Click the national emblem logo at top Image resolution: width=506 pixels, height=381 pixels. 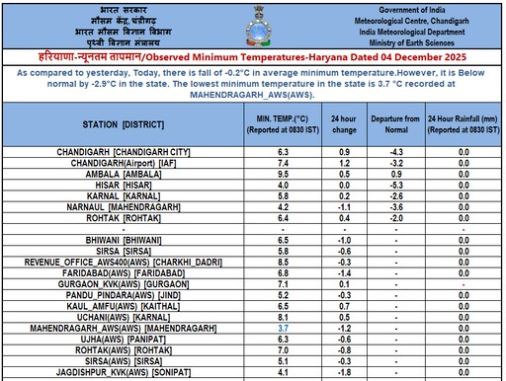253,24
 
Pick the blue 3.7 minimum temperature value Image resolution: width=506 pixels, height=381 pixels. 283,327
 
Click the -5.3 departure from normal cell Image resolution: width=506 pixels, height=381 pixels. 399,185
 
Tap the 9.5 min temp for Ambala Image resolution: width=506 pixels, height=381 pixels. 283,174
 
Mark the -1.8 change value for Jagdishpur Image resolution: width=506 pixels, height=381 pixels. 345,371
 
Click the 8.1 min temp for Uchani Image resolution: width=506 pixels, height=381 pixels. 283,316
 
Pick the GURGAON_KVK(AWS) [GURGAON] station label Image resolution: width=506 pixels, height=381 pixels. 130,283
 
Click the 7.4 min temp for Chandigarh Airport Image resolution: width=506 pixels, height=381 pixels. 283,163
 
